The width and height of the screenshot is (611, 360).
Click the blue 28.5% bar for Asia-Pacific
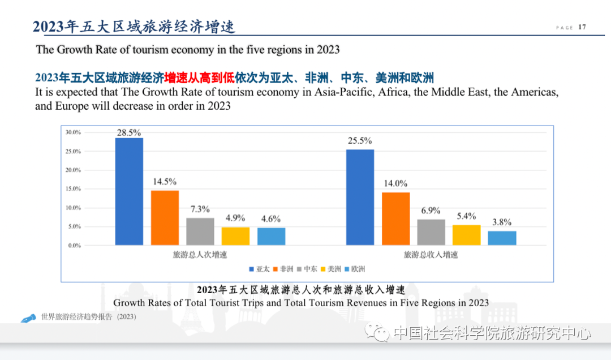(x=129, y=191)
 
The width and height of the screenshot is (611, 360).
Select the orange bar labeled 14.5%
(x=165, y=218)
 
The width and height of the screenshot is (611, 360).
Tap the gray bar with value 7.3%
(x=200, y=232)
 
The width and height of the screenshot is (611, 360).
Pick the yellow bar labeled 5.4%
(x=467, y=235)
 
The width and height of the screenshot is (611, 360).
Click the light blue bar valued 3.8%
(x=502, y=238)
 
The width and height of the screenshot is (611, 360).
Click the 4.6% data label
(x=271, y=219)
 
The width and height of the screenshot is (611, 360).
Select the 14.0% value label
(x=395, y=183)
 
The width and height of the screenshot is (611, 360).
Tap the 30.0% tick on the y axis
(x=74, y=132)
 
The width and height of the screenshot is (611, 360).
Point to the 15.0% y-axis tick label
(x=74, y=189)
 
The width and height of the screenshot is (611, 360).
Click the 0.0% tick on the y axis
(x=75, y=246)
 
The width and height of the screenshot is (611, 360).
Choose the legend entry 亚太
(x=260, y=269)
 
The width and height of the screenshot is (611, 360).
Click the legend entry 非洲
(x=284, y=269)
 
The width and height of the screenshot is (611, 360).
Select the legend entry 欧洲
(x=355, y=269)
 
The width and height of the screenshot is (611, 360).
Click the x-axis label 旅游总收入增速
(x=431, y=255)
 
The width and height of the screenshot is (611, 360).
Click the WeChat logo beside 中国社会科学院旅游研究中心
(x=377, y=333)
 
